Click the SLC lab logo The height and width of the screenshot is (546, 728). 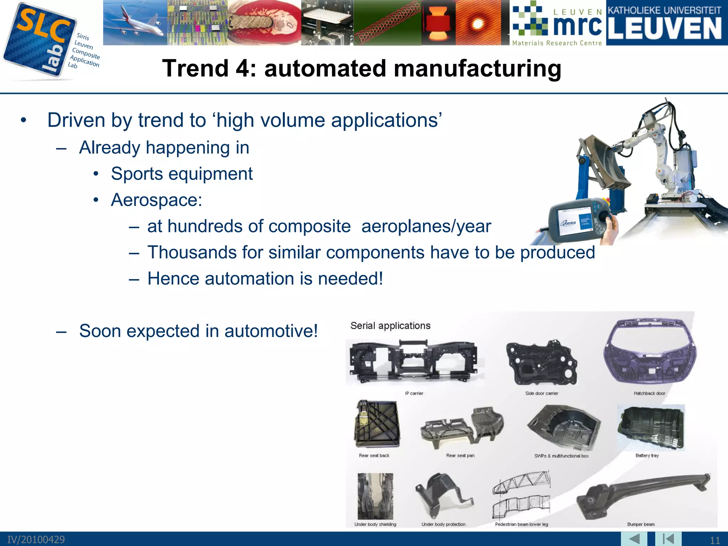click(41, 41)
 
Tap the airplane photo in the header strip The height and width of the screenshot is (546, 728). click(135, 22)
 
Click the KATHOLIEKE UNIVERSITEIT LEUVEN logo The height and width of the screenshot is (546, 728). click(667, 23)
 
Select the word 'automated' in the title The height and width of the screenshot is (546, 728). click(325, 68)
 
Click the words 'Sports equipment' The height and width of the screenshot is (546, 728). click(182, 174)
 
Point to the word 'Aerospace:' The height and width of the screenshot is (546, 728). click(156, 200)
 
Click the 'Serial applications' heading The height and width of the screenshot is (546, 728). click(390, 326)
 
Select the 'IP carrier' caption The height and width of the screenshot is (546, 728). click(414, 394)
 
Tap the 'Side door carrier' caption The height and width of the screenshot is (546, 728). click(542, 394)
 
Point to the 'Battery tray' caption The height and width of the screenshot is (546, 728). click(647, 456)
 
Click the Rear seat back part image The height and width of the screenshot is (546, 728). click(377, 424)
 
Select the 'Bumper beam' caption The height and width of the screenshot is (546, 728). click(641, 524)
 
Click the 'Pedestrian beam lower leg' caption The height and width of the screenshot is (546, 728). click(521, 524)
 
